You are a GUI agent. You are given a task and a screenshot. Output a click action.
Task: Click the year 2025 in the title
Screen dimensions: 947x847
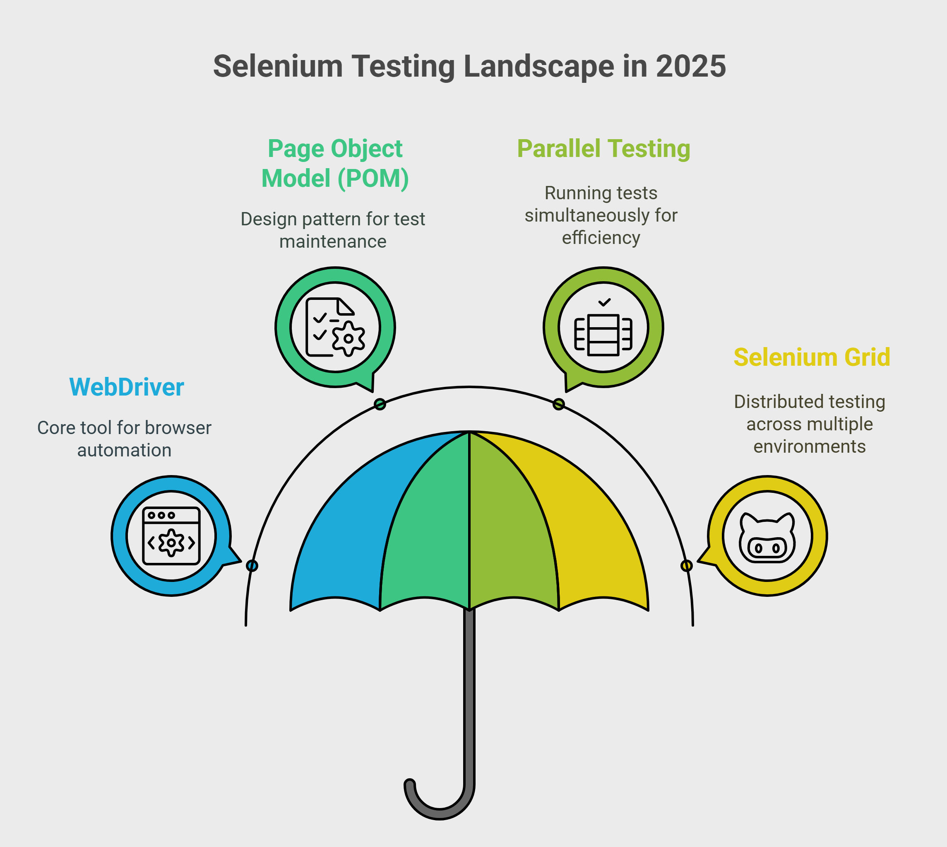tap(691, 66)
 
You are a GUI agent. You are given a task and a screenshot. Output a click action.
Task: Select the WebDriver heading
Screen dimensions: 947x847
tap(127, 387)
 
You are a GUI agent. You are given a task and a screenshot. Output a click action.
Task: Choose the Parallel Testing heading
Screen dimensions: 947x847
tap(604, 149)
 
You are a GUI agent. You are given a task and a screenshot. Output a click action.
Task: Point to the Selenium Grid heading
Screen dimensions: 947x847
tap(812, 357)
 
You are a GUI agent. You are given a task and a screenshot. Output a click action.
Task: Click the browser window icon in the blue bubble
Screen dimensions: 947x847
tap(171, 536)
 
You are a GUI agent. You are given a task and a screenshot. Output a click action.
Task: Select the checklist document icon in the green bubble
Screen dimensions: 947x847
tap(335, 327)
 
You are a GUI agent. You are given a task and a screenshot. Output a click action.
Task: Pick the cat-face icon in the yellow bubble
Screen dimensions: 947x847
tap(767, 538)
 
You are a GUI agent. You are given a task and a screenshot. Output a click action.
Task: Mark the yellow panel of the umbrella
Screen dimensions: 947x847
tap(586, 521)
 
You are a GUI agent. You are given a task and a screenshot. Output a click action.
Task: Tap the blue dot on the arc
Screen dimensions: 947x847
tap(252, 566)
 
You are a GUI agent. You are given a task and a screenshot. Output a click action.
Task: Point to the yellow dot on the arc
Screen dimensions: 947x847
tap(687, 566)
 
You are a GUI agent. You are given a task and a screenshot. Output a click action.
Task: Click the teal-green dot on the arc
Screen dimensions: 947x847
tap(380, 404)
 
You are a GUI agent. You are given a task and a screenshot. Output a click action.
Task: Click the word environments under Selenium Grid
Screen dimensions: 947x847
tap(810, 447)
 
